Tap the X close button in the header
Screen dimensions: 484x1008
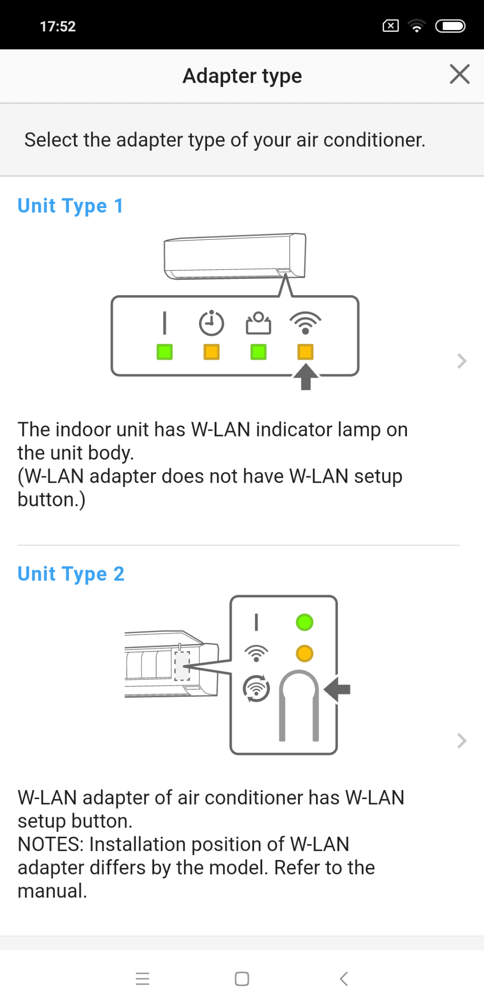coord(459,74)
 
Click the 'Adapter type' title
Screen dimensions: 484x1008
coord(242,76)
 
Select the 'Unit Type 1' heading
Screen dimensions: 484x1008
coord(70,207)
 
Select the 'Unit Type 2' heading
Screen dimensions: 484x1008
coord(71,574)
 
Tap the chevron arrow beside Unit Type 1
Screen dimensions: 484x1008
coord(462,361)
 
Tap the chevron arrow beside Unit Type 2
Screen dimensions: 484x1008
coord(462,741)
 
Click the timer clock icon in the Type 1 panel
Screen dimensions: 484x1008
coord(211,323)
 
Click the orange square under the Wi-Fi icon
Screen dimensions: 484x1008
coord(306,352)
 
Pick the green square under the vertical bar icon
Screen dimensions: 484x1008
coord(165,352)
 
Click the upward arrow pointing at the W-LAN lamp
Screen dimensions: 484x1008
coord(306,377)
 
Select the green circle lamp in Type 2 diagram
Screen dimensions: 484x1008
coord(305,622)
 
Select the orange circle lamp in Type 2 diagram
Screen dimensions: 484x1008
coord(305,653)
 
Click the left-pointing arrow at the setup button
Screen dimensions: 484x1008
coord(337,689)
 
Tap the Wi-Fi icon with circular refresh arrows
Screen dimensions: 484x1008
coord(257,689)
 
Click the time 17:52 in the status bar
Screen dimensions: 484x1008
coord(58,26)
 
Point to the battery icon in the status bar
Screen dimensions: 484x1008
coord(450,26)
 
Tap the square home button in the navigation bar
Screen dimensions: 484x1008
coord(242,979)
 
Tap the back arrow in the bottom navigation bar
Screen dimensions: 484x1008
coord(344,979)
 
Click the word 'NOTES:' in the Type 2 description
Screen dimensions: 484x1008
coord(51,844)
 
